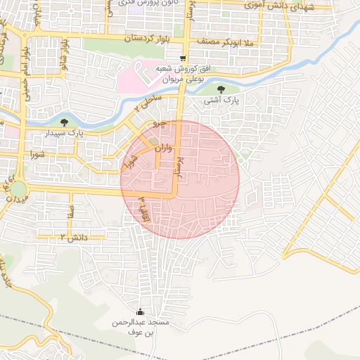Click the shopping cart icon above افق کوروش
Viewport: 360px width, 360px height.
click(x=183, y=58)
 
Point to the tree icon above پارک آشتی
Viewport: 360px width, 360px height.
click(x=222, y=89)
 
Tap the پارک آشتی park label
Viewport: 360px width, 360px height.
click(x=222, y=101)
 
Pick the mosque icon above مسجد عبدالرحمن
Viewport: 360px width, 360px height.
click(x=140, y=312)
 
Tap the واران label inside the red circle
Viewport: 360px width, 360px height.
click(x=161, y=149)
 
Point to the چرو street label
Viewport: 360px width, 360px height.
click(x=160, y=124)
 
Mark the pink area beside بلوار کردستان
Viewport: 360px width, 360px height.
click(x=130, y=77)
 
